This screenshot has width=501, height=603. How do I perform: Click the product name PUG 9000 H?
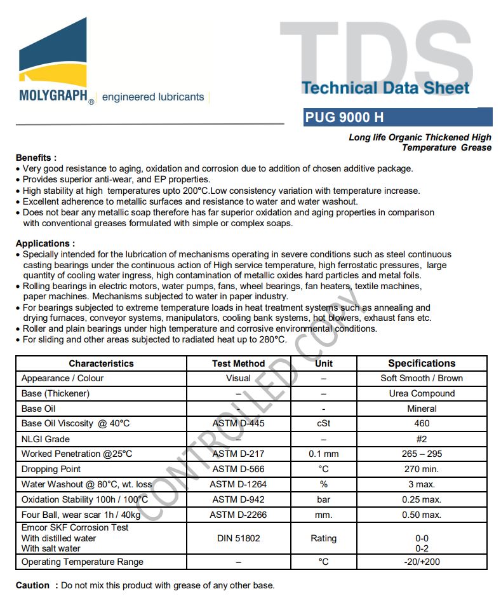(344, 118)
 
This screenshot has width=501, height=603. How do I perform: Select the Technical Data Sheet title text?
(385, 88)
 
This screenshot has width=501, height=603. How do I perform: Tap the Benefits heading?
(36, 158)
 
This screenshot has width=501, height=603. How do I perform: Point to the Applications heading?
(45, 243)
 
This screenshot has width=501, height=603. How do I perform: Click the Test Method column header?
(239, 363)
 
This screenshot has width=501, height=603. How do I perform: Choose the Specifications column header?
(422, 363)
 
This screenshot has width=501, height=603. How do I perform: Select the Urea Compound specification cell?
(422, 393)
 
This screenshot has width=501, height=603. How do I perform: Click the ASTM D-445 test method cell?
(239, 423)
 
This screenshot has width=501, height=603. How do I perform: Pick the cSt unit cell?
(323, 423)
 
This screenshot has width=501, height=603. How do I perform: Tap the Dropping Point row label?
(51, 469)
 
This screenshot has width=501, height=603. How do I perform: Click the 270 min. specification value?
(422, 469)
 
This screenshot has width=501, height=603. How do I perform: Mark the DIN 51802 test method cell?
(239, 538)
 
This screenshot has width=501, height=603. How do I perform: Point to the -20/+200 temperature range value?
(422, 562)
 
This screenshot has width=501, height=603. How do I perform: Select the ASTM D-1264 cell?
(239, 484)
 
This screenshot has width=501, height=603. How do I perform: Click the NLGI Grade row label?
(45, 439)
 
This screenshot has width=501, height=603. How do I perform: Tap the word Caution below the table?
(32, 585)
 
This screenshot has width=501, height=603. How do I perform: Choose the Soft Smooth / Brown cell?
(422, 378)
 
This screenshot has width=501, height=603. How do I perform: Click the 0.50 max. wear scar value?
(422, 515)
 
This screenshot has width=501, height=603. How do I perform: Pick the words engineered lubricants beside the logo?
(153, 97)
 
